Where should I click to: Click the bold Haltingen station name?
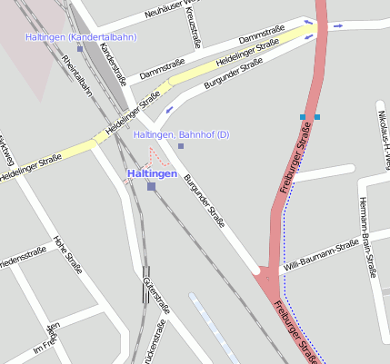pyautogui.click(x=151, y=173)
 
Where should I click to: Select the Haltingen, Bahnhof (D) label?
pyautogui.click(x=182, y=135)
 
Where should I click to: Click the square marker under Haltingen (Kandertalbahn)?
pyautogui.click(x=80, y=48)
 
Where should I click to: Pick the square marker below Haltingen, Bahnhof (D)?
pyautogui.click(x=181, y=146)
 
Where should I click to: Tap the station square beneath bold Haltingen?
pyautogui.click(x=151, y=186)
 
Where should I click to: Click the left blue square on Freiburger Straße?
pyautogui.click(x=303, y=117)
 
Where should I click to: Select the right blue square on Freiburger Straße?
pyautogui.click(x=317, y=117)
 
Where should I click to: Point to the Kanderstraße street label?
pyautogui.click(x=112, y=63)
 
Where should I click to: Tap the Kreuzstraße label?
pyautogui.click(x=195, y=29)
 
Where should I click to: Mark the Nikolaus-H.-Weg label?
pyautogui.click(x=383, y=136)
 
